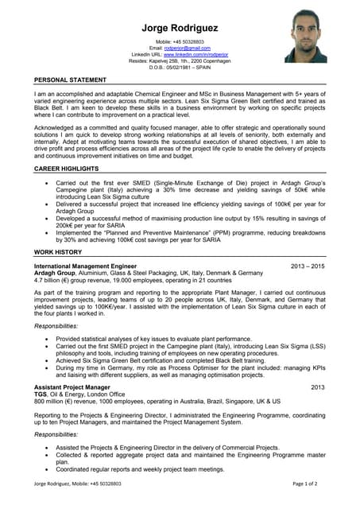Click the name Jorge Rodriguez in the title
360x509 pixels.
coord(180,28)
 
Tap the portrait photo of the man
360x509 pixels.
coord(305,37)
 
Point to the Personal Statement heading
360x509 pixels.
coord(70,80)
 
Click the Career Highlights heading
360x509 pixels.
coord(66,170)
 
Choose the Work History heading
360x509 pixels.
coord(57,251)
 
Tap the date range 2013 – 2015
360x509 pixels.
coord(308,266)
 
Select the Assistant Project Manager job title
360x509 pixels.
coord(72,387)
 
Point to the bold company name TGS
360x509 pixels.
coord(41,394)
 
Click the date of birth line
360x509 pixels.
coord(180,67)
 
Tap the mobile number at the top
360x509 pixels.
coord(180,41)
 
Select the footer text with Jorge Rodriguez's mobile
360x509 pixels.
coord(77,484)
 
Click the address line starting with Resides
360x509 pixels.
coord(180,60)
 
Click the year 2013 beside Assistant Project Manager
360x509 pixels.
coord(318,387)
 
